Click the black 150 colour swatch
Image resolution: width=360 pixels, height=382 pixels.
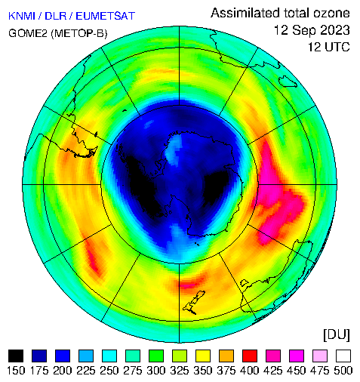tap(16, 356)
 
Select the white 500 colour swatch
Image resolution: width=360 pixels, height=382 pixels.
tap(343, 356)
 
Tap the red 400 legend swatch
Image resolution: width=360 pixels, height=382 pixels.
tap(250, 356)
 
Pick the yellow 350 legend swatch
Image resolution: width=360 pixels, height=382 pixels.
tap(203, 356)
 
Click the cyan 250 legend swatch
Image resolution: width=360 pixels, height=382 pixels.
tap(109, 356)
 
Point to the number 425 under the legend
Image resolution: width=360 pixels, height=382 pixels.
tap(273, 371)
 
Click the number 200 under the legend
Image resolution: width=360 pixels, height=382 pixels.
tap(63, 371)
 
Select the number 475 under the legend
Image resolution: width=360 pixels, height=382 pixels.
tap(320, 371)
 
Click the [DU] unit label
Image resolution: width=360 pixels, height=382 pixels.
tap(337, 335)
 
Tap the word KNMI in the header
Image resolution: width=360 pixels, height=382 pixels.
tap(22, 16)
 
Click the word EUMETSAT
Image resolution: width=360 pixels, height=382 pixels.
tap(106, 16)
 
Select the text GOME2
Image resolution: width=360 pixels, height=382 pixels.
tap(28, 33)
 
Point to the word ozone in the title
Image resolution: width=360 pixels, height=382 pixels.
tap(331, 13)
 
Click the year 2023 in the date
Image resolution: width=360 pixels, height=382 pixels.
tap(335, 30)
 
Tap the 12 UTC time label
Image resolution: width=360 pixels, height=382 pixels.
tap(329, 47)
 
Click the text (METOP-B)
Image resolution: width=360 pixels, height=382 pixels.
tap(79, 33)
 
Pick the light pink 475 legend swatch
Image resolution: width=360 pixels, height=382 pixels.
tap(320, 356)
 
